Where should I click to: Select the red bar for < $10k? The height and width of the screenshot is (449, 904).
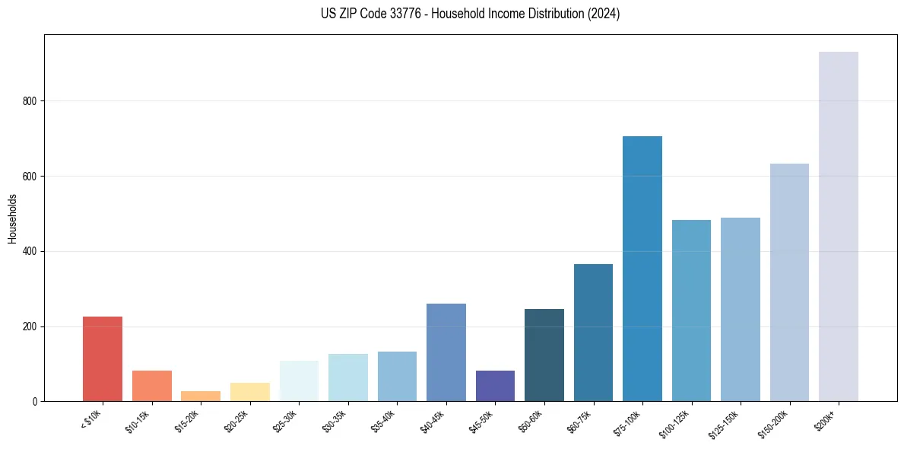[x=103, y=358]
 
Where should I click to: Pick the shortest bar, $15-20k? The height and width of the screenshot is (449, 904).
[x=201, y=396]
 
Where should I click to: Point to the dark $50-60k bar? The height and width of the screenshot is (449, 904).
[x=544, y=355]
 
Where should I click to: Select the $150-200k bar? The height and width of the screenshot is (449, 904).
[x=789, y=282]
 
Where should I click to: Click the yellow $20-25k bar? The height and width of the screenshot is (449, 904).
[x=249, y=391]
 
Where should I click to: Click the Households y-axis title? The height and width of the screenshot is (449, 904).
[x=12, y=218]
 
